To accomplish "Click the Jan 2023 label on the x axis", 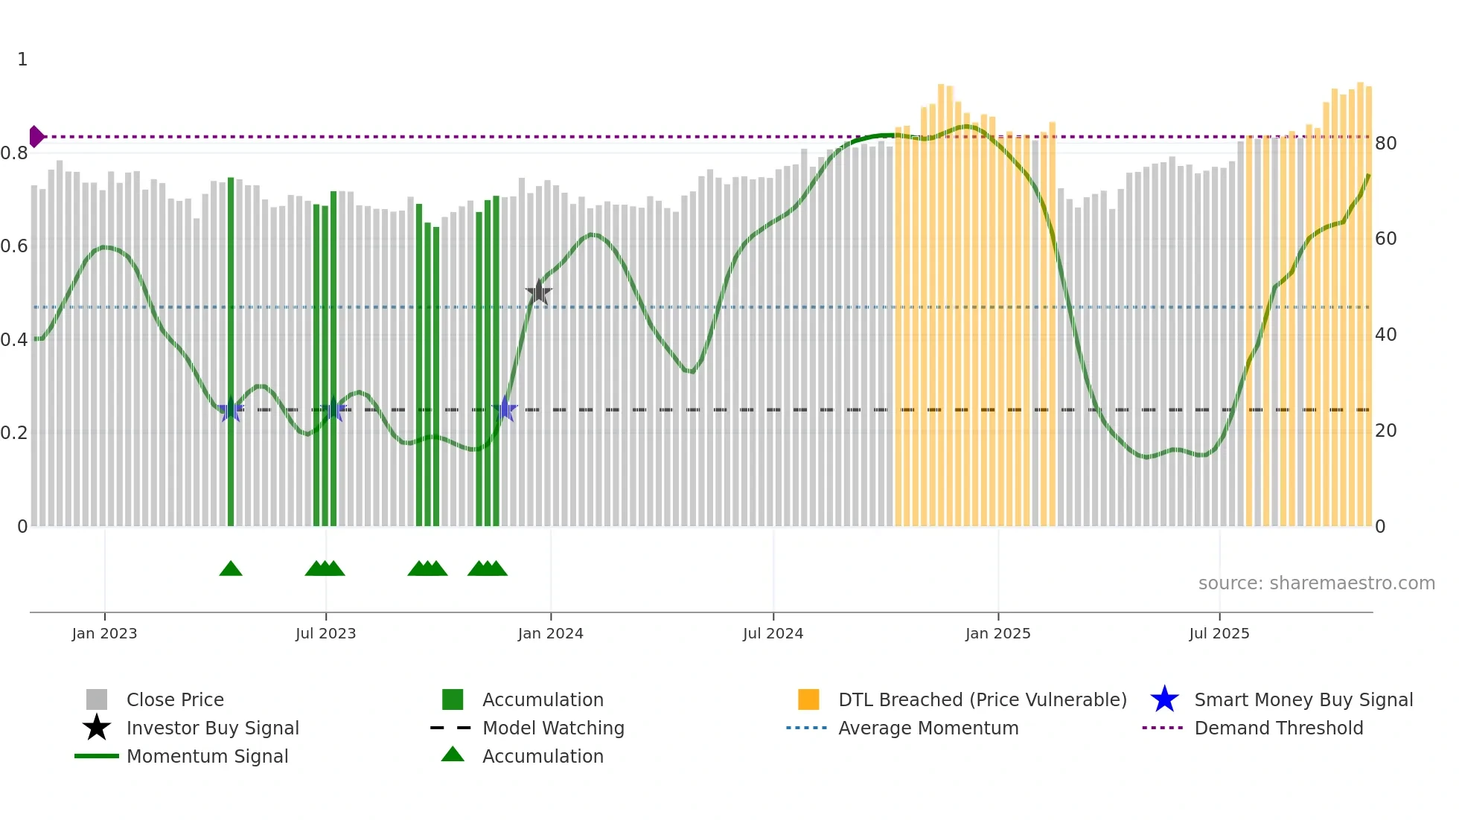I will click(104, 633).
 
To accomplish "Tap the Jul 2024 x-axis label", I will click(773, 633).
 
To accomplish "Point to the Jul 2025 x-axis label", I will click(1219, 633).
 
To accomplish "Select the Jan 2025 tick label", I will click(997, 633).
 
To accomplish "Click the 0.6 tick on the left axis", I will click(14, 246).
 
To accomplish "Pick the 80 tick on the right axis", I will click(1385, 144).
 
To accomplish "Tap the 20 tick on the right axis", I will click(1385, 431).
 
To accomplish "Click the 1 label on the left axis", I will click(22, 60).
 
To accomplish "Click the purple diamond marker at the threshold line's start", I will click(36, 137).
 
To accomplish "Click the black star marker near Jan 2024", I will click(539, 292).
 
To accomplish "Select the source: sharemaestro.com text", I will click(1316, 583).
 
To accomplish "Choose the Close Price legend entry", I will click(175, 700).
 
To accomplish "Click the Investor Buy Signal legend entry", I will click(212, 728).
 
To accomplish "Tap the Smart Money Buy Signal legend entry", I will click(1303, 700).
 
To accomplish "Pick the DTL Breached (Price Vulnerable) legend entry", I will click(982, 700).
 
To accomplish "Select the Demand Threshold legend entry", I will click(1278, 728).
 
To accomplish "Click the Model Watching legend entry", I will click(553, 728).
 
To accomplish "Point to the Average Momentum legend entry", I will click(928, 728).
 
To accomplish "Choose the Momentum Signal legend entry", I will click(207, 757).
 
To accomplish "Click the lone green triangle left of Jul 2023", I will click(231, 569).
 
